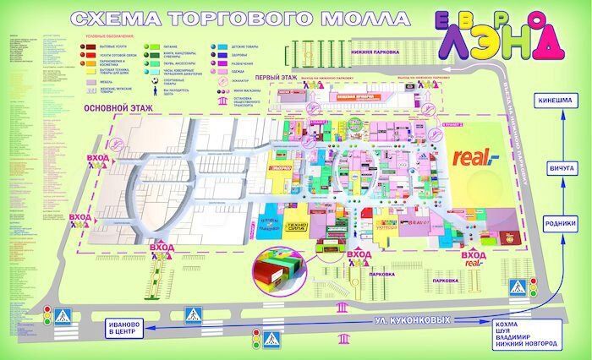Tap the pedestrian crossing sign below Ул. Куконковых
[271, 339]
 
